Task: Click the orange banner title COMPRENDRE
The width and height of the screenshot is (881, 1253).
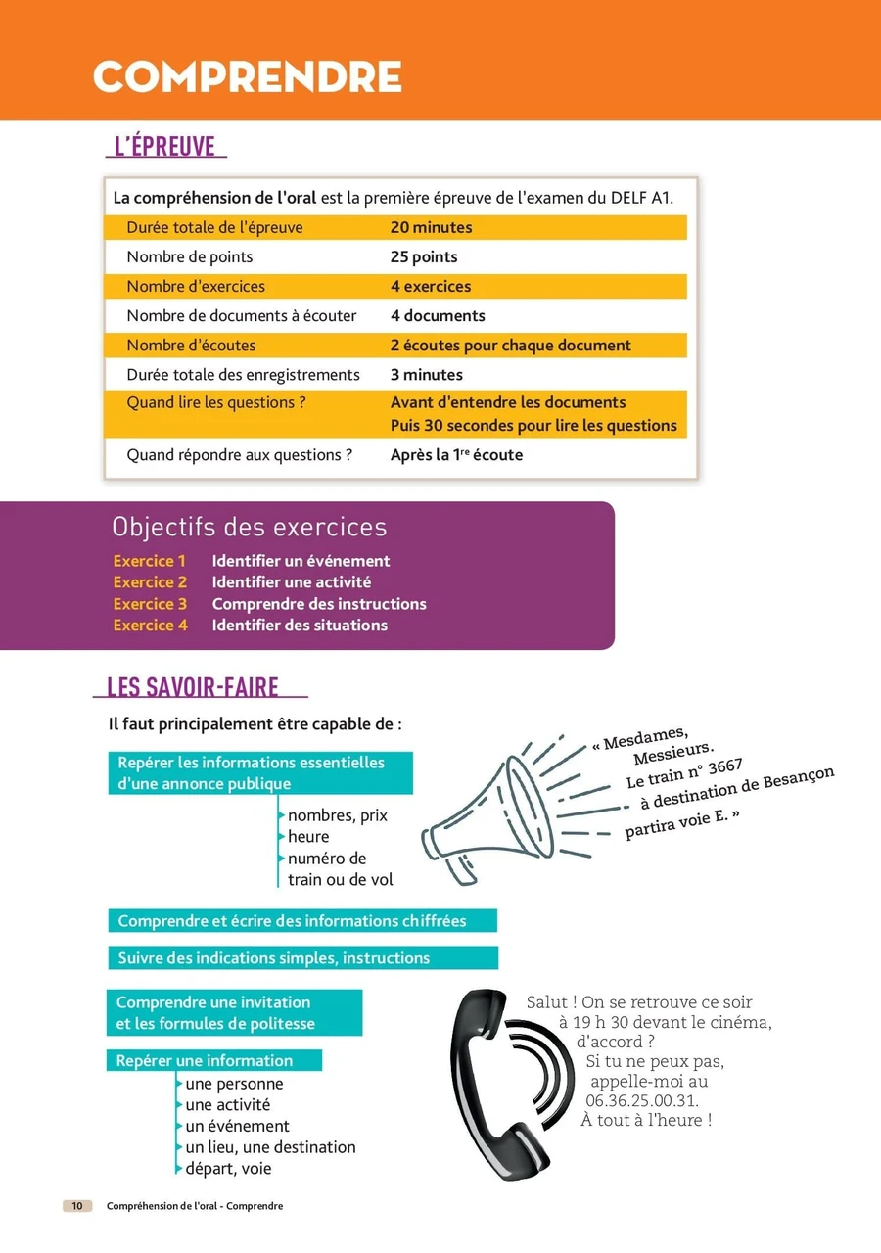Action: [x=247, y=77]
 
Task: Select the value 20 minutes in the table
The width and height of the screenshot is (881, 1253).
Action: [x=431, y=227]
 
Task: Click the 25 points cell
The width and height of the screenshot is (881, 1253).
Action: [x=423, y=256]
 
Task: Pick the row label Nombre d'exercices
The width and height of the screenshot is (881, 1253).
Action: [x=196, y=286]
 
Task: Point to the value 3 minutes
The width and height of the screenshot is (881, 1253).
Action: [x=426, y=374]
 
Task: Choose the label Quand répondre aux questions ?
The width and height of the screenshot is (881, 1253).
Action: [x=239, y=454]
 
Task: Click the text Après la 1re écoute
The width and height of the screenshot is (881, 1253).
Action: [x=456, y=454]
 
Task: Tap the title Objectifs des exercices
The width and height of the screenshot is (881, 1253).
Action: [x=250, y=527]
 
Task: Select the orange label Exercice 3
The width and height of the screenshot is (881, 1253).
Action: [x=150, y=604]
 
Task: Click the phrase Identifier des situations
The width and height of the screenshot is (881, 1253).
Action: [x=300, y=626]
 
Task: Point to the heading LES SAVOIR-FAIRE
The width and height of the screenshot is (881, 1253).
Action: [x=193, y=687]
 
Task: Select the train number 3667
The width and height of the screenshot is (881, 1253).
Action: [x=724, y=768]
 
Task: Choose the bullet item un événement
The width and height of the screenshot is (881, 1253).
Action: [x=237, y=1126]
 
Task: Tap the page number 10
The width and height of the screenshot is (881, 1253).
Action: [x=77, y=1206]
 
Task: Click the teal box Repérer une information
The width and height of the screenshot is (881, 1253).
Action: [x=213, y=1060]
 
